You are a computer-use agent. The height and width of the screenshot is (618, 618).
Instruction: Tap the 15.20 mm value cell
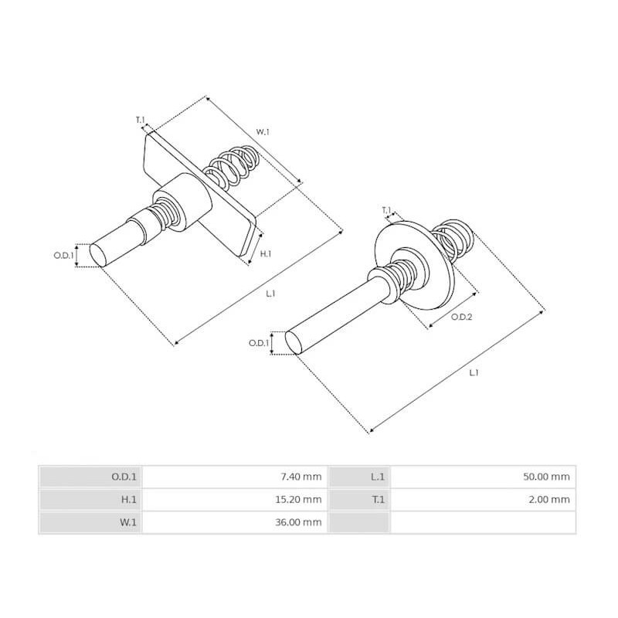click(300, 500)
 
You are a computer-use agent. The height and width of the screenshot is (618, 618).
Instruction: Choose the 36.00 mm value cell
click(300, 523)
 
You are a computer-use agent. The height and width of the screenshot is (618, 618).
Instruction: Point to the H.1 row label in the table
click(129, 500)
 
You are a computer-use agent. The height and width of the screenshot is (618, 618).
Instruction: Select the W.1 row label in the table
click(128, 523)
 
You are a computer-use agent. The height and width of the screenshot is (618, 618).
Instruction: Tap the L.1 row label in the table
click(378, 477)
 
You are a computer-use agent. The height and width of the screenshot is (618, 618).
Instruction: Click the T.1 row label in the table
click(378, 500)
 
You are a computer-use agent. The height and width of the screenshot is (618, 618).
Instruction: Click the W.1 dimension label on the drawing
click(263, 132)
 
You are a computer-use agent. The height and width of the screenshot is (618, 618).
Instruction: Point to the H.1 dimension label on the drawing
click(265, 254)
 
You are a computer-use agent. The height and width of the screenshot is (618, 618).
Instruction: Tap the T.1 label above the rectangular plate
click(140, 120)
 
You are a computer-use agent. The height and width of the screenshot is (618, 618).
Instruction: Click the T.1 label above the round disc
click(386, 209)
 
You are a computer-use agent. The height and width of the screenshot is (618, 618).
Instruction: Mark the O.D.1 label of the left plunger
click(63, 255)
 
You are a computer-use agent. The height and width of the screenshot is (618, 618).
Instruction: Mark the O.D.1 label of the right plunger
click(259, 343)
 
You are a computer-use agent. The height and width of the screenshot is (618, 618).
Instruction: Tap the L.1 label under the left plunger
click(270, 294)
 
